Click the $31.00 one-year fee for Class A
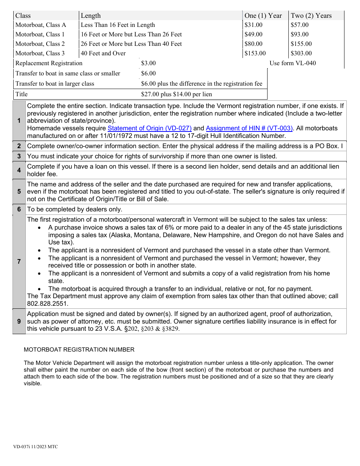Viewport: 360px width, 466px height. pos(254,25)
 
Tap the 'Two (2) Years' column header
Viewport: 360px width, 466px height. pos(311,16)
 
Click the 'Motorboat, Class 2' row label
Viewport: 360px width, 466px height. pos(40,44)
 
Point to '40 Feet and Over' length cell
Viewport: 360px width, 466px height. pos(103,53)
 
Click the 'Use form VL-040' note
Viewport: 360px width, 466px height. pos(293,63)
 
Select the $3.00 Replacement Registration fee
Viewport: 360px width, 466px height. pos(148,63)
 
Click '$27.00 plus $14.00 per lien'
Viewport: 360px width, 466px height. pos(176,94)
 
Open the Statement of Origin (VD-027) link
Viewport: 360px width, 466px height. pos(150,128)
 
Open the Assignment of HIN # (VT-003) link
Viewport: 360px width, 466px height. pos(249,128)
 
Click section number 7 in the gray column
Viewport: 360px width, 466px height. pos(19,261)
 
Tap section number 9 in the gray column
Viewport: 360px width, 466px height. pos(19,321)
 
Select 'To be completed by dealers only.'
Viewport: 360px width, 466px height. pos(75,210)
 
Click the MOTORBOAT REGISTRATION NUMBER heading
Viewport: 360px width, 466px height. pos(79,350)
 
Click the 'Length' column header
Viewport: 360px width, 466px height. pos(91,16)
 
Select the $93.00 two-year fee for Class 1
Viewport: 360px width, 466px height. pos(300,34)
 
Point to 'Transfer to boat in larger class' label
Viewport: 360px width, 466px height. pos(55,84)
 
